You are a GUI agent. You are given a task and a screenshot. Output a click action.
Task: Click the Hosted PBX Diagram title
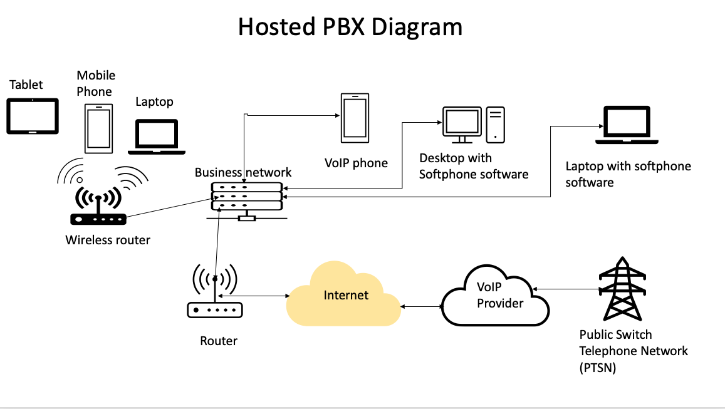(350, 28)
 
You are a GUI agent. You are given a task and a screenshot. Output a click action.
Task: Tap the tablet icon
(33, 116)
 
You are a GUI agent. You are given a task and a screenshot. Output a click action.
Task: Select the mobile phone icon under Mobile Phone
(98, 129)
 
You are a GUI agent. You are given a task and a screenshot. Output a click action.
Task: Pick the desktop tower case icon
(496, 123)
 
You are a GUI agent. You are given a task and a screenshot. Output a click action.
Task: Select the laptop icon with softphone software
(627, 125)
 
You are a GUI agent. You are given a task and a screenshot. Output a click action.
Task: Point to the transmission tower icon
(622, 289)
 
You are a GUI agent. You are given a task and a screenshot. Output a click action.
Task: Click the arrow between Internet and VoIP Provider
(421, 307)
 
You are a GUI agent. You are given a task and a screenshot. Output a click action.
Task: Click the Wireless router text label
(108, 240)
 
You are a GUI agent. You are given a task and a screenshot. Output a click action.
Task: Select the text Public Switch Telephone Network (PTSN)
(633, 351)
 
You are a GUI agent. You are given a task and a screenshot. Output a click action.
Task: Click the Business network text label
(243, 172)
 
